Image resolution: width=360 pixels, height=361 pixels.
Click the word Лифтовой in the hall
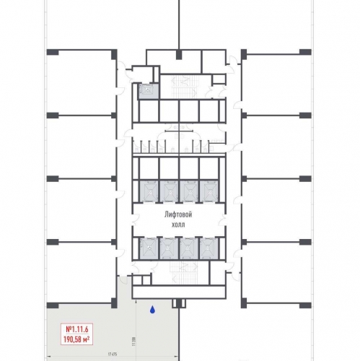point(178,214)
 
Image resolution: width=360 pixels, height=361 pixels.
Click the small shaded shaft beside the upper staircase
point(148,91)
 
